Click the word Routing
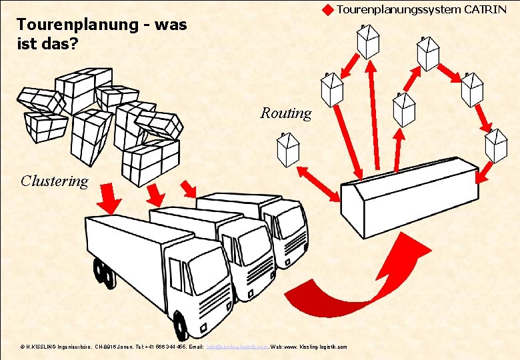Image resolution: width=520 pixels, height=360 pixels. [x=285, y=113]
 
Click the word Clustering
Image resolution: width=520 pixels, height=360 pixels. [x=54, y=181]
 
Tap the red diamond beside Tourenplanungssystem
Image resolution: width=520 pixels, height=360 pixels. [x=327, y=10]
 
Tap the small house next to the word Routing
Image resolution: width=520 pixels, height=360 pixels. [x=288, y=149]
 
